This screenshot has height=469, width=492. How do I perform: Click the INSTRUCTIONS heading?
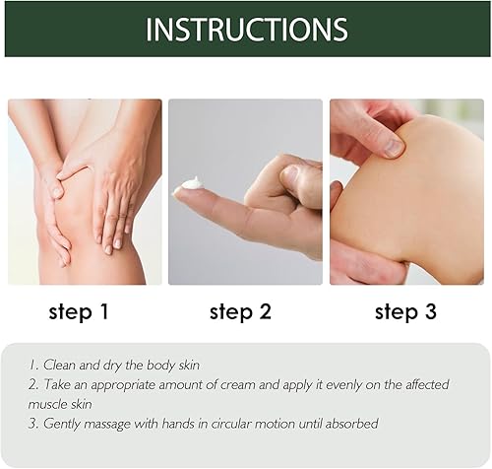[246, 29]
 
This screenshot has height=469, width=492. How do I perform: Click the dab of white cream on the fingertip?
[192, 183]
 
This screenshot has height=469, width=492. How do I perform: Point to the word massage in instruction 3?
[102, 423]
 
